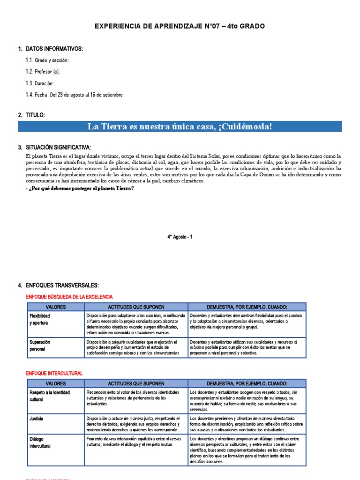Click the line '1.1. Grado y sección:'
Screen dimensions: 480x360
[47, 60]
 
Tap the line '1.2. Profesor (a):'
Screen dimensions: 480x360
[43, 72]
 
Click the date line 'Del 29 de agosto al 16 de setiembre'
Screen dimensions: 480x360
[83, 95]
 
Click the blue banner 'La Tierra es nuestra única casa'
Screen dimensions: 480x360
[180, 127]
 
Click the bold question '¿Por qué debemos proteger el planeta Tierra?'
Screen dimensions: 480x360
[80, 188]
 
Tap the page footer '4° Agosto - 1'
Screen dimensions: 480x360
[180, 237]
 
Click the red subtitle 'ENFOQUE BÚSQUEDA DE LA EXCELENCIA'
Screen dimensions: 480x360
[69, 297]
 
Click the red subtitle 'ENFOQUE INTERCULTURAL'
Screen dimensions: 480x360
[54, 373]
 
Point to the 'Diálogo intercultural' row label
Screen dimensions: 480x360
[39, 442]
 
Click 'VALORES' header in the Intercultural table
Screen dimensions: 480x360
[54, 383]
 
